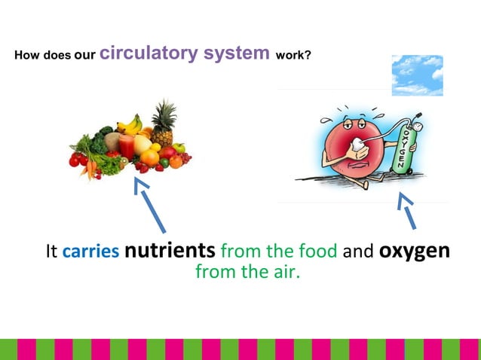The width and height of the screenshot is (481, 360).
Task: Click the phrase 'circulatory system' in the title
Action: tap(185, 53)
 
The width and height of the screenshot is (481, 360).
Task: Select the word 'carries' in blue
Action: tap(90, 252)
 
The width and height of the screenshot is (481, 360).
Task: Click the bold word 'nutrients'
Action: tap(170, 250)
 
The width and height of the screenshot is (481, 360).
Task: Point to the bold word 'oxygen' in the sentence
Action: tap(414, 250)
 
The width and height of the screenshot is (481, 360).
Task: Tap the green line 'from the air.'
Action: tap(247, 272)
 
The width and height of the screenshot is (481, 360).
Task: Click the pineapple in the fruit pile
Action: tap(163, 124)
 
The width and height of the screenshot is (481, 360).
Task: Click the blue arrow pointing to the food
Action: tap(150, 204)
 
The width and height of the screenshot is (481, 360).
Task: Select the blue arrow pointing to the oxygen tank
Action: tap(407, 209)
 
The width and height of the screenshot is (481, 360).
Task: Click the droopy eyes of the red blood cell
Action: tap(348, 121)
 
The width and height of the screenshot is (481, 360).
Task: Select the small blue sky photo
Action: tap(418, 75)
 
